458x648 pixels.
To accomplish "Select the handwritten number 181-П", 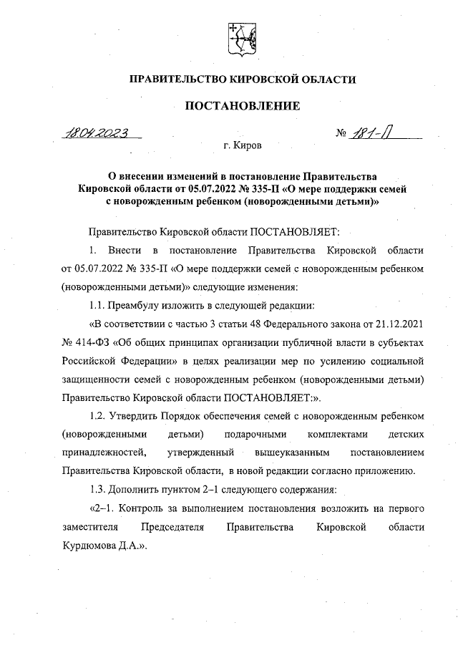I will tap(371, 132).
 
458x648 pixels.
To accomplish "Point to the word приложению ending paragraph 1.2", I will tap(386, 471).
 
